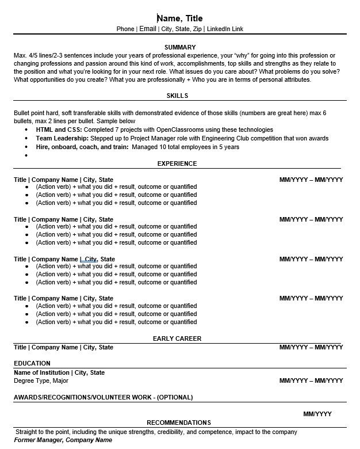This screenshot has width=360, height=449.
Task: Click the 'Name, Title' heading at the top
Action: point(180,18)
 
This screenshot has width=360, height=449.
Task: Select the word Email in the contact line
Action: point(148,28)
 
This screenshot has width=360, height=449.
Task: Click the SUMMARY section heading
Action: point(180,47)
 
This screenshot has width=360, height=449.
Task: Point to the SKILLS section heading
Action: point(177,96)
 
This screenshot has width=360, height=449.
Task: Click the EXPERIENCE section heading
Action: point(177,163)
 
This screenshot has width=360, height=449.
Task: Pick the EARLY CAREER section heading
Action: point(177,338)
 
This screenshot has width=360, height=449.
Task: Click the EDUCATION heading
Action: point(32,363)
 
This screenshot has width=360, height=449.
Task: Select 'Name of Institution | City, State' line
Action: point(59,372)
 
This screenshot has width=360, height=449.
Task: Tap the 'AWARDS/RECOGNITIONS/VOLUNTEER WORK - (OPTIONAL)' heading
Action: point(104,397)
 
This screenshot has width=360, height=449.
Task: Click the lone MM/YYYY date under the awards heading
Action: point(317,414)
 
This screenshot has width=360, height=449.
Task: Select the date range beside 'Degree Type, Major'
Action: point(311,380)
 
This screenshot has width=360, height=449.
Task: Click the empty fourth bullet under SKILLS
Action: point(27,155)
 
